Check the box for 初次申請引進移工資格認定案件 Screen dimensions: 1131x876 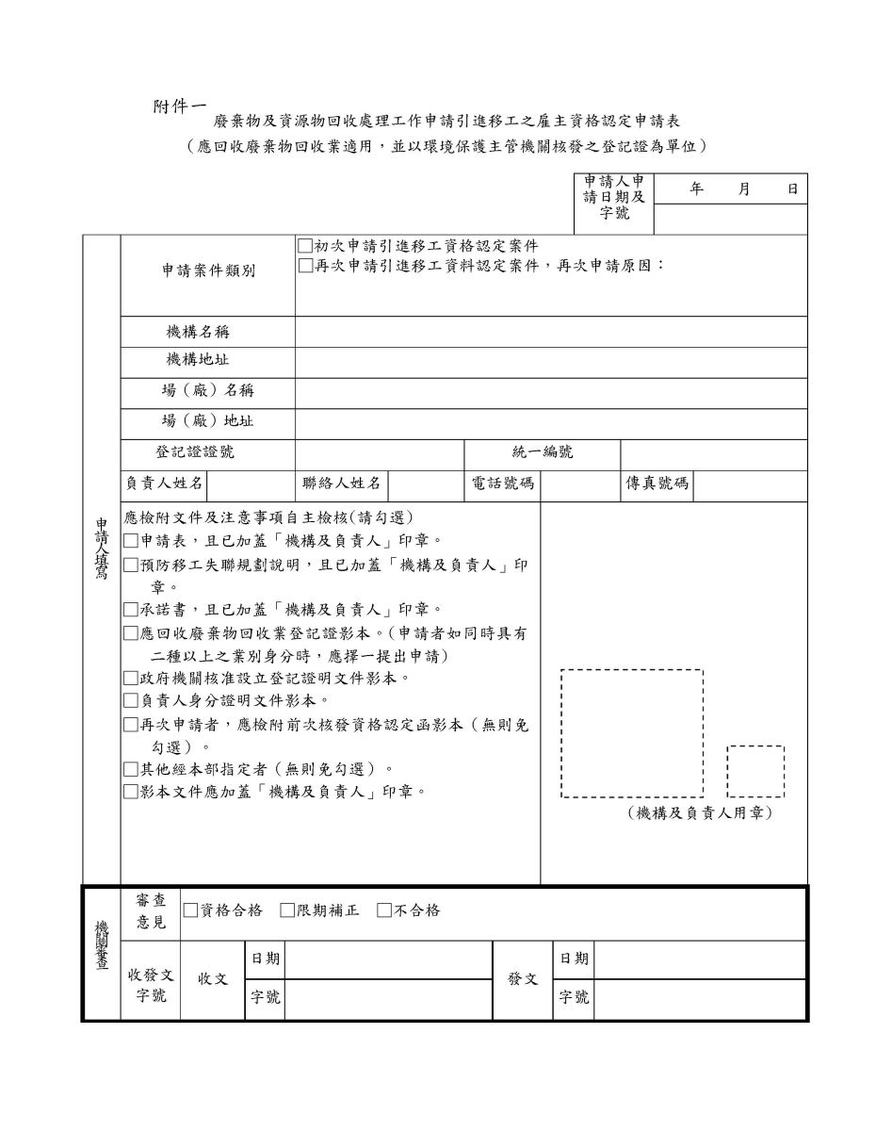click(305, 246)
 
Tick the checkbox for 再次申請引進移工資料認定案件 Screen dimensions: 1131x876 click(305, 265)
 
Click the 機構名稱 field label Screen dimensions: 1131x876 click(198, 332)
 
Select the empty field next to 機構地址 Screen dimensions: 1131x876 click(551, 363)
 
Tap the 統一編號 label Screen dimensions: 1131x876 click(543, 452)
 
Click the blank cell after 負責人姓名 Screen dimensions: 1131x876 click(251, 484)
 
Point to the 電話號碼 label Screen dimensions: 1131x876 click(503, 484)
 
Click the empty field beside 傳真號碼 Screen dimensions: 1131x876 click(750, 484)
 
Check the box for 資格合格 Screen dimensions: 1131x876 click(191, 910)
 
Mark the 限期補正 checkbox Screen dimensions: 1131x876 click(288, 910)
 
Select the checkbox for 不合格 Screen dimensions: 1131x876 click(384, 910)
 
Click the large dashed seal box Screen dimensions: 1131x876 click(632, 732)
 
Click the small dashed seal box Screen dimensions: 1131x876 click(755, 771)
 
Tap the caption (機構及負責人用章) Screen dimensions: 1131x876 click(700, 812)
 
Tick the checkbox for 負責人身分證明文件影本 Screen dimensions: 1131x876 click(132, 701)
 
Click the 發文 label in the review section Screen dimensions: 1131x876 click(523, 979)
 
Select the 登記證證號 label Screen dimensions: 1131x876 click(195, 452)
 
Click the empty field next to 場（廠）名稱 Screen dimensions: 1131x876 click(551, 392)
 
